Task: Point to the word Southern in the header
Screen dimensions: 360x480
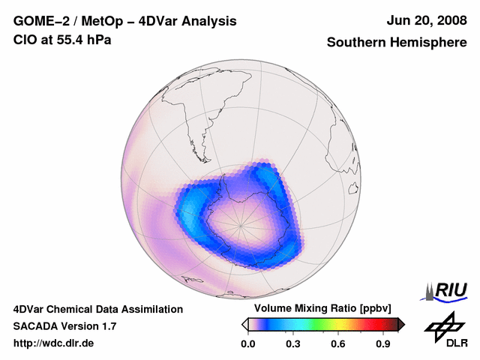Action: pos(355,43)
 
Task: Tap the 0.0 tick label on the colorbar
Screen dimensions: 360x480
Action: pos(247,344)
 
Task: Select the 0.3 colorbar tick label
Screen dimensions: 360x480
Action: pos(293,344)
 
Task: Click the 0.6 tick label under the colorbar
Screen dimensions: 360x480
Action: pos(338,344)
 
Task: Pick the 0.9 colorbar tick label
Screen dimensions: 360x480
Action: pos(384,344)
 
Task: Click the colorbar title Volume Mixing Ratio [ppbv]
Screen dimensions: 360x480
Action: pos(319,308)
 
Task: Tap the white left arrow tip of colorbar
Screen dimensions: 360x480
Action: pos(244,324)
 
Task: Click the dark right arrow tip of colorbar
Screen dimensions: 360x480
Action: pos(401,324)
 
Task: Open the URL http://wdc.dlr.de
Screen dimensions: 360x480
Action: pos(54,343)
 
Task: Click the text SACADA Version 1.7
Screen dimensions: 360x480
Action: pos(64,326)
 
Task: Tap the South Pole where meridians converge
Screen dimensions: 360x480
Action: pos(241,224)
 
